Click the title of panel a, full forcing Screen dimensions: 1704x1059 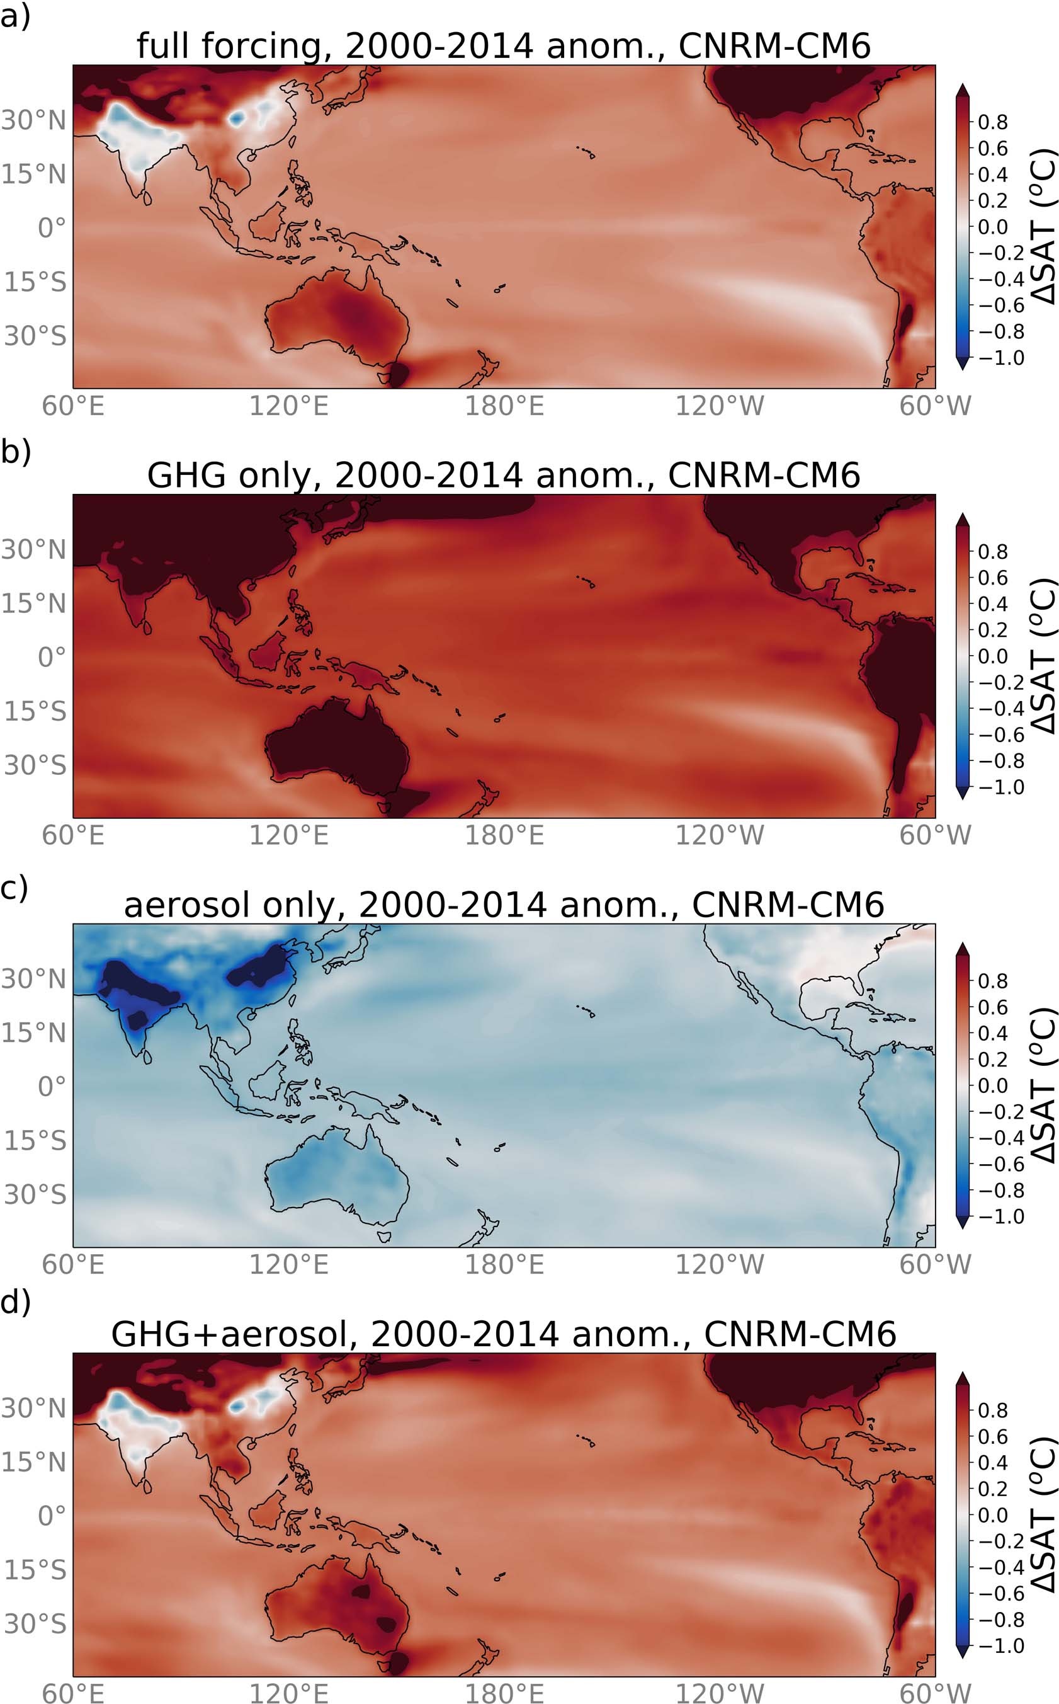(x=504, y=45)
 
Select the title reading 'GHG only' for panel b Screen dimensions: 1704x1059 (x=504, y=475)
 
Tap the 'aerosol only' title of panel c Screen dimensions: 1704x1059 (x=504, y=905)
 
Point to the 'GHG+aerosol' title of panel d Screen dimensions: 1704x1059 (x=504, y=1334)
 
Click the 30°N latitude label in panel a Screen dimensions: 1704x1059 (x=33, y=120)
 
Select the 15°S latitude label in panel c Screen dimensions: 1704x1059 (x=35, y=1141)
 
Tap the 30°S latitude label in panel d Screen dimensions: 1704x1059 (x=35, y=1623)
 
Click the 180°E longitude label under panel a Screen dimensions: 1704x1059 (x=504, y=406)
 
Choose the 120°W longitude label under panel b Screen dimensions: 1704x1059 (x=719, y=835)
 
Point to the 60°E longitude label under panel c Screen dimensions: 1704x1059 (x=73, y=1265)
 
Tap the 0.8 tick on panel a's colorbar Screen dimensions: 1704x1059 (x=993, y=122)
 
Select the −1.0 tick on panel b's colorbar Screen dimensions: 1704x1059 (x=1000, y=787)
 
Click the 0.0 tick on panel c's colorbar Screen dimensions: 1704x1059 (x=993, y=1086)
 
